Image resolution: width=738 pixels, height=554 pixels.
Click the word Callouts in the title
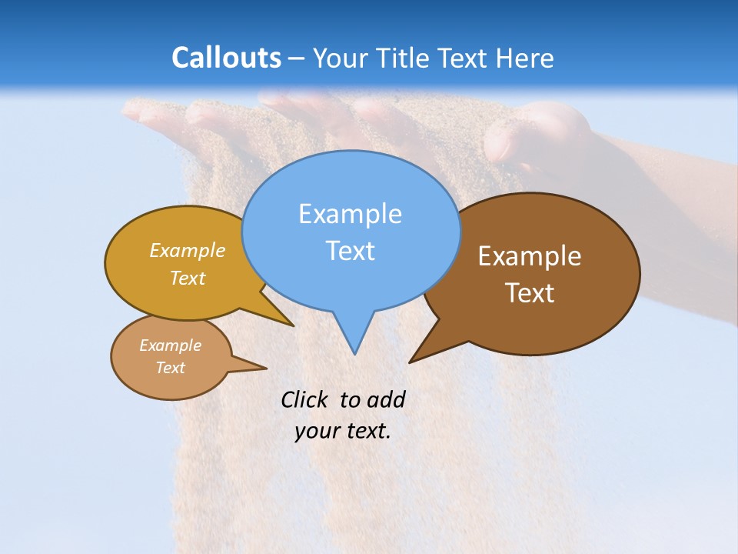[226, 58]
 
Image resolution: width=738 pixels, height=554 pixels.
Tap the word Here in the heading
[524, 58]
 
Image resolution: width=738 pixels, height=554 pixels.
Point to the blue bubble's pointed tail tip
[354, 353]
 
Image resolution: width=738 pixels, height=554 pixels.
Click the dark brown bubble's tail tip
[410, 361]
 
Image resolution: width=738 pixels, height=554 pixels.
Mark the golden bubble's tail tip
[293, 325]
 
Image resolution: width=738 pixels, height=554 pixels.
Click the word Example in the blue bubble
[351, 214]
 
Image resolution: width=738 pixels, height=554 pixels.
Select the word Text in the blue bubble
[351, 251]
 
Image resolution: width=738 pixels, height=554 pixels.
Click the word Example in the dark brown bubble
[530, 256]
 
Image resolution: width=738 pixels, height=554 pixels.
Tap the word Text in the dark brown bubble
[530, 293]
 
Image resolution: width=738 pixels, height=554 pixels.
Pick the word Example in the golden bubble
[188, 251]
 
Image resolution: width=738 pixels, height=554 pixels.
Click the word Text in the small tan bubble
[171, 368]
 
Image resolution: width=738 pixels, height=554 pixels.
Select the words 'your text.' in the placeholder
[343, 431]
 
